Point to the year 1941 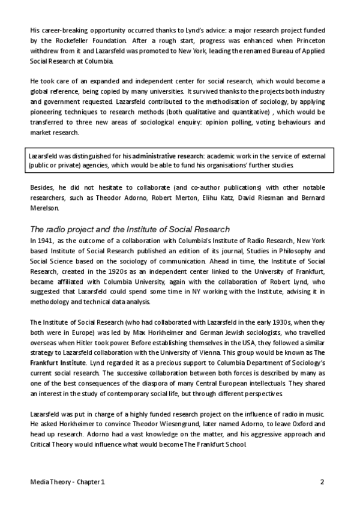click(x=46, y=241)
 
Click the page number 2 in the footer click(x=322, y=482)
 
